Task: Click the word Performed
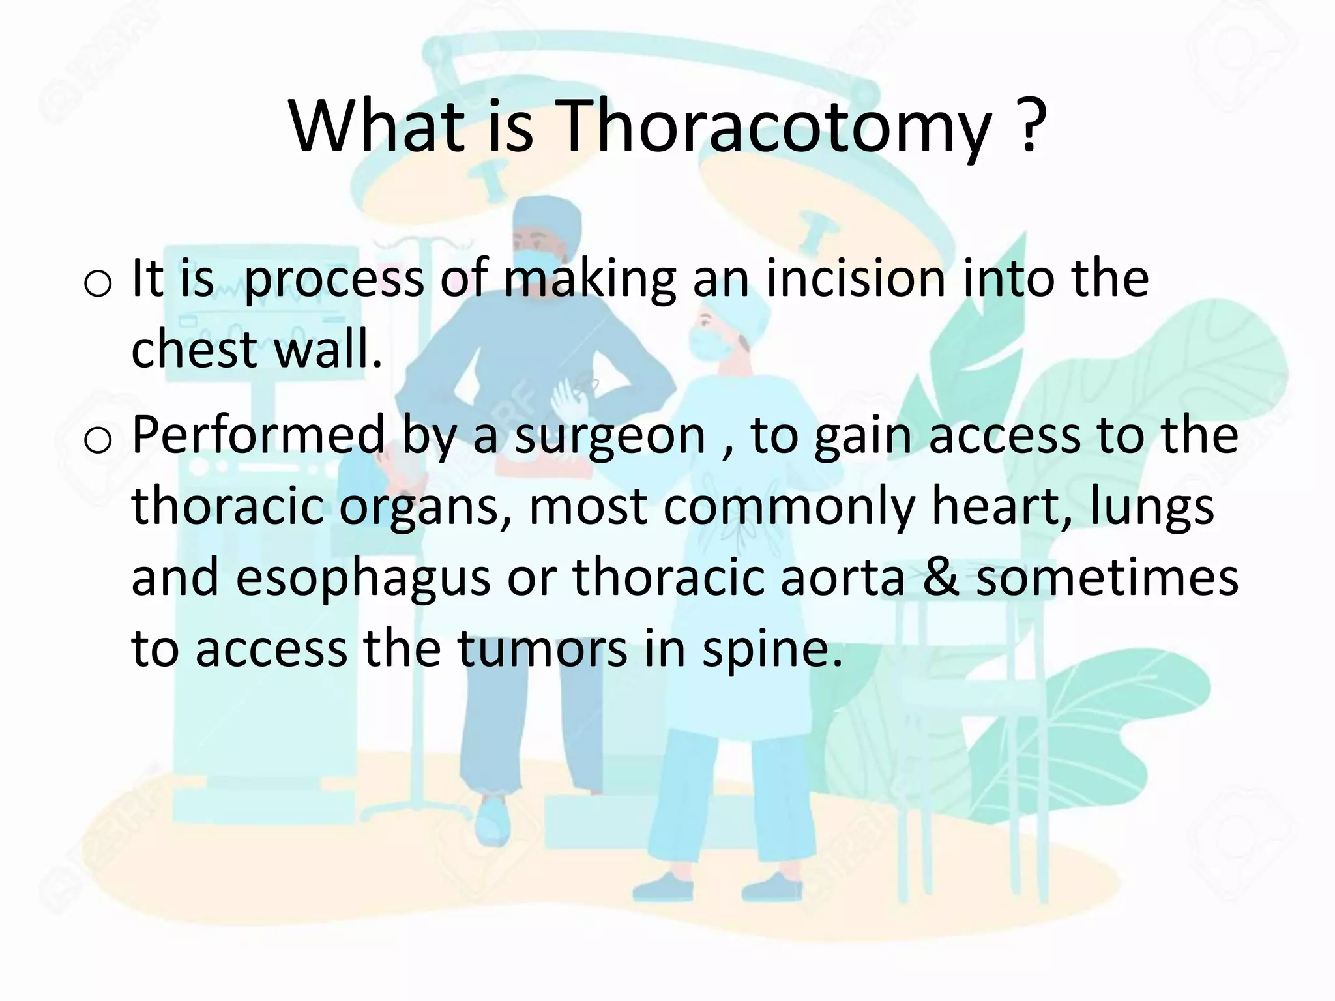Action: click(x=258, y=435)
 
